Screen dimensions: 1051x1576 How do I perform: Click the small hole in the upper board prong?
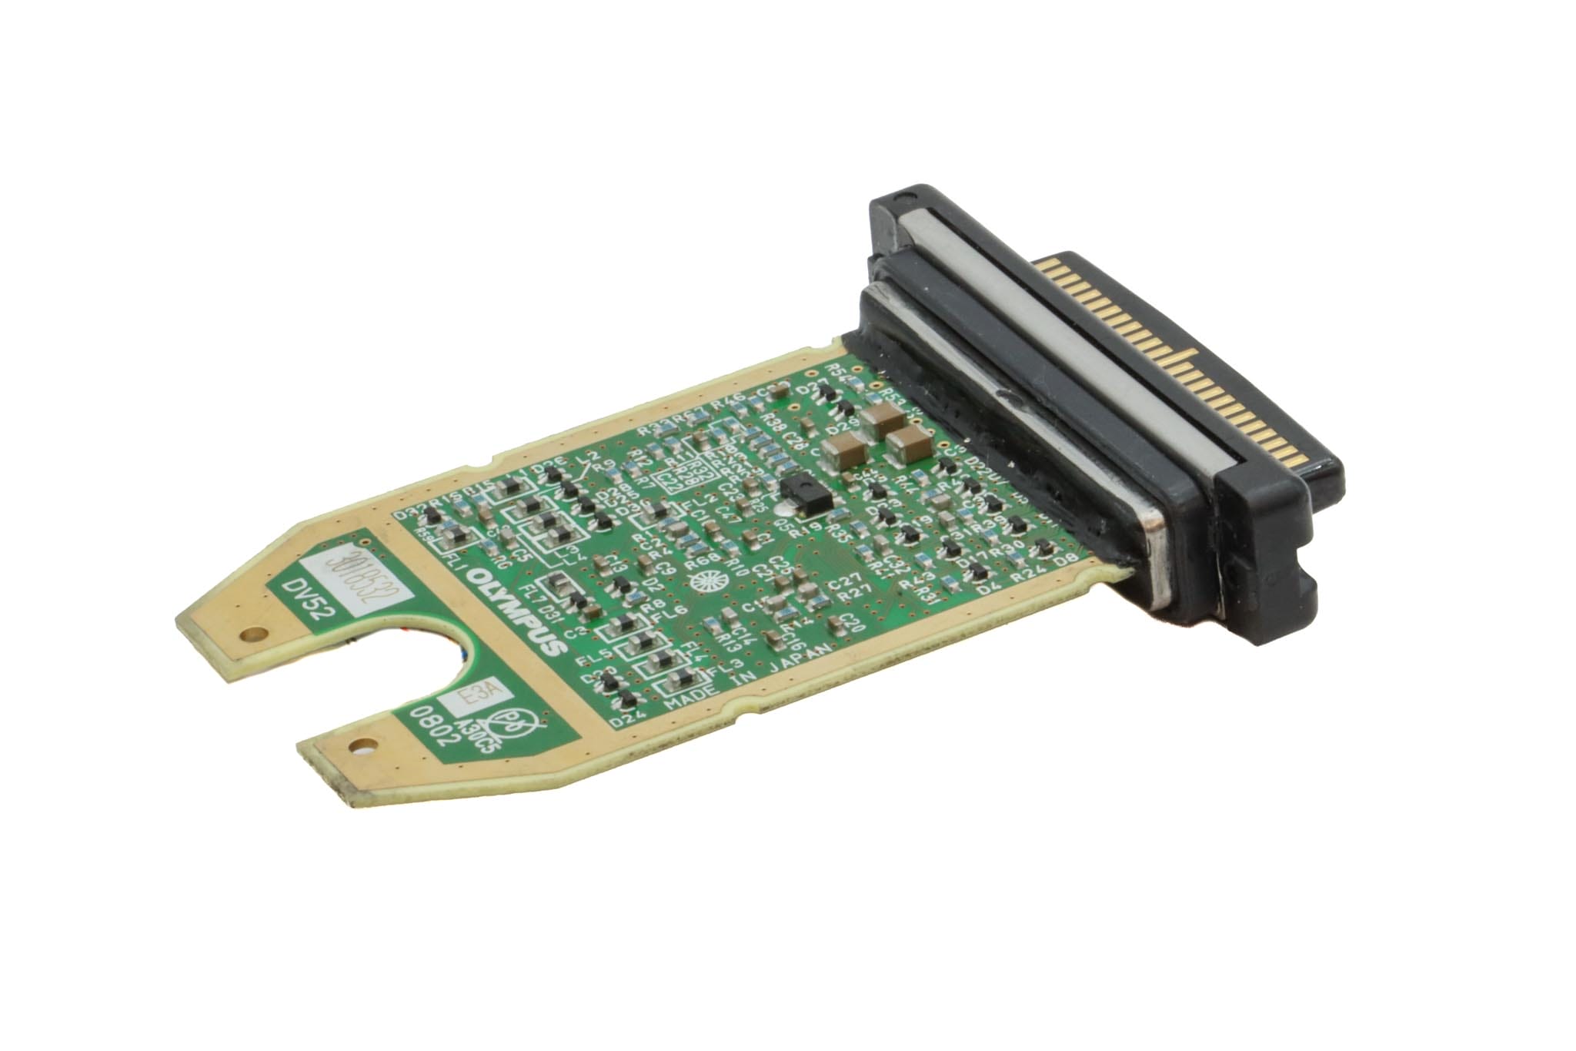coord(249,636)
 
